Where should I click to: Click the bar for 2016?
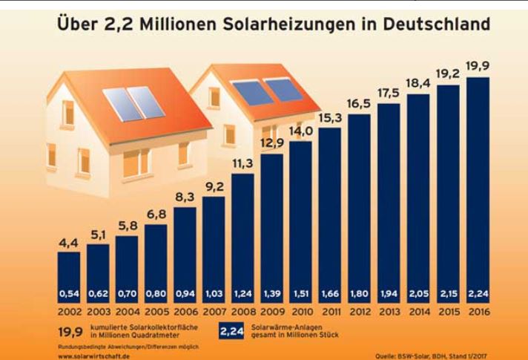(477, 186)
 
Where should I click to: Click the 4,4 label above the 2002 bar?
(68, 241)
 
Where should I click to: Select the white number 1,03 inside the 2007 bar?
(214, 294)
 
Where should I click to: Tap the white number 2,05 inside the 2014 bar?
(418, 294)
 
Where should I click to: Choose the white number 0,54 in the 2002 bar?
(68, 294)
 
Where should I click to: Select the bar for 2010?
(301, 223)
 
